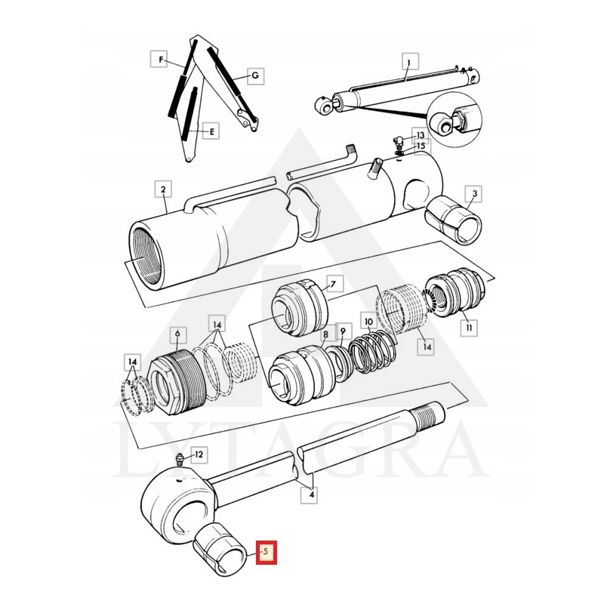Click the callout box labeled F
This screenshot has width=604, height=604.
coord(160,58)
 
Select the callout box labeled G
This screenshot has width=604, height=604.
coord(255,75)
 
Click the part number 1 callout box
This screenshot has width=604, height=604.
coord(408,63)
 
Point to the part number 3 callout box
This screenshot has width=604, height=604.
coord(473,195)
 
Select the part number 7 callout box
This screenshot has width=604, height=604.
coord(333,284)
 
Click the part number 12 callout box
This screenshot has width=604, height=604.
coord(198,455)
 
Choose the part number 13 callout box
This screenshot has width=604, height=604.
coord(420,134)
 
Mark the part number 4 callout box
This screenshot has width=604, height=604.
coord(310,495)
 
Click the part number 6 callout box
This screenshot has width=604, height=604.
coord(177,333)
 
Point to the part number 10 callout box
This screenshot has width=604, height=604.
coord(368,321)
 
